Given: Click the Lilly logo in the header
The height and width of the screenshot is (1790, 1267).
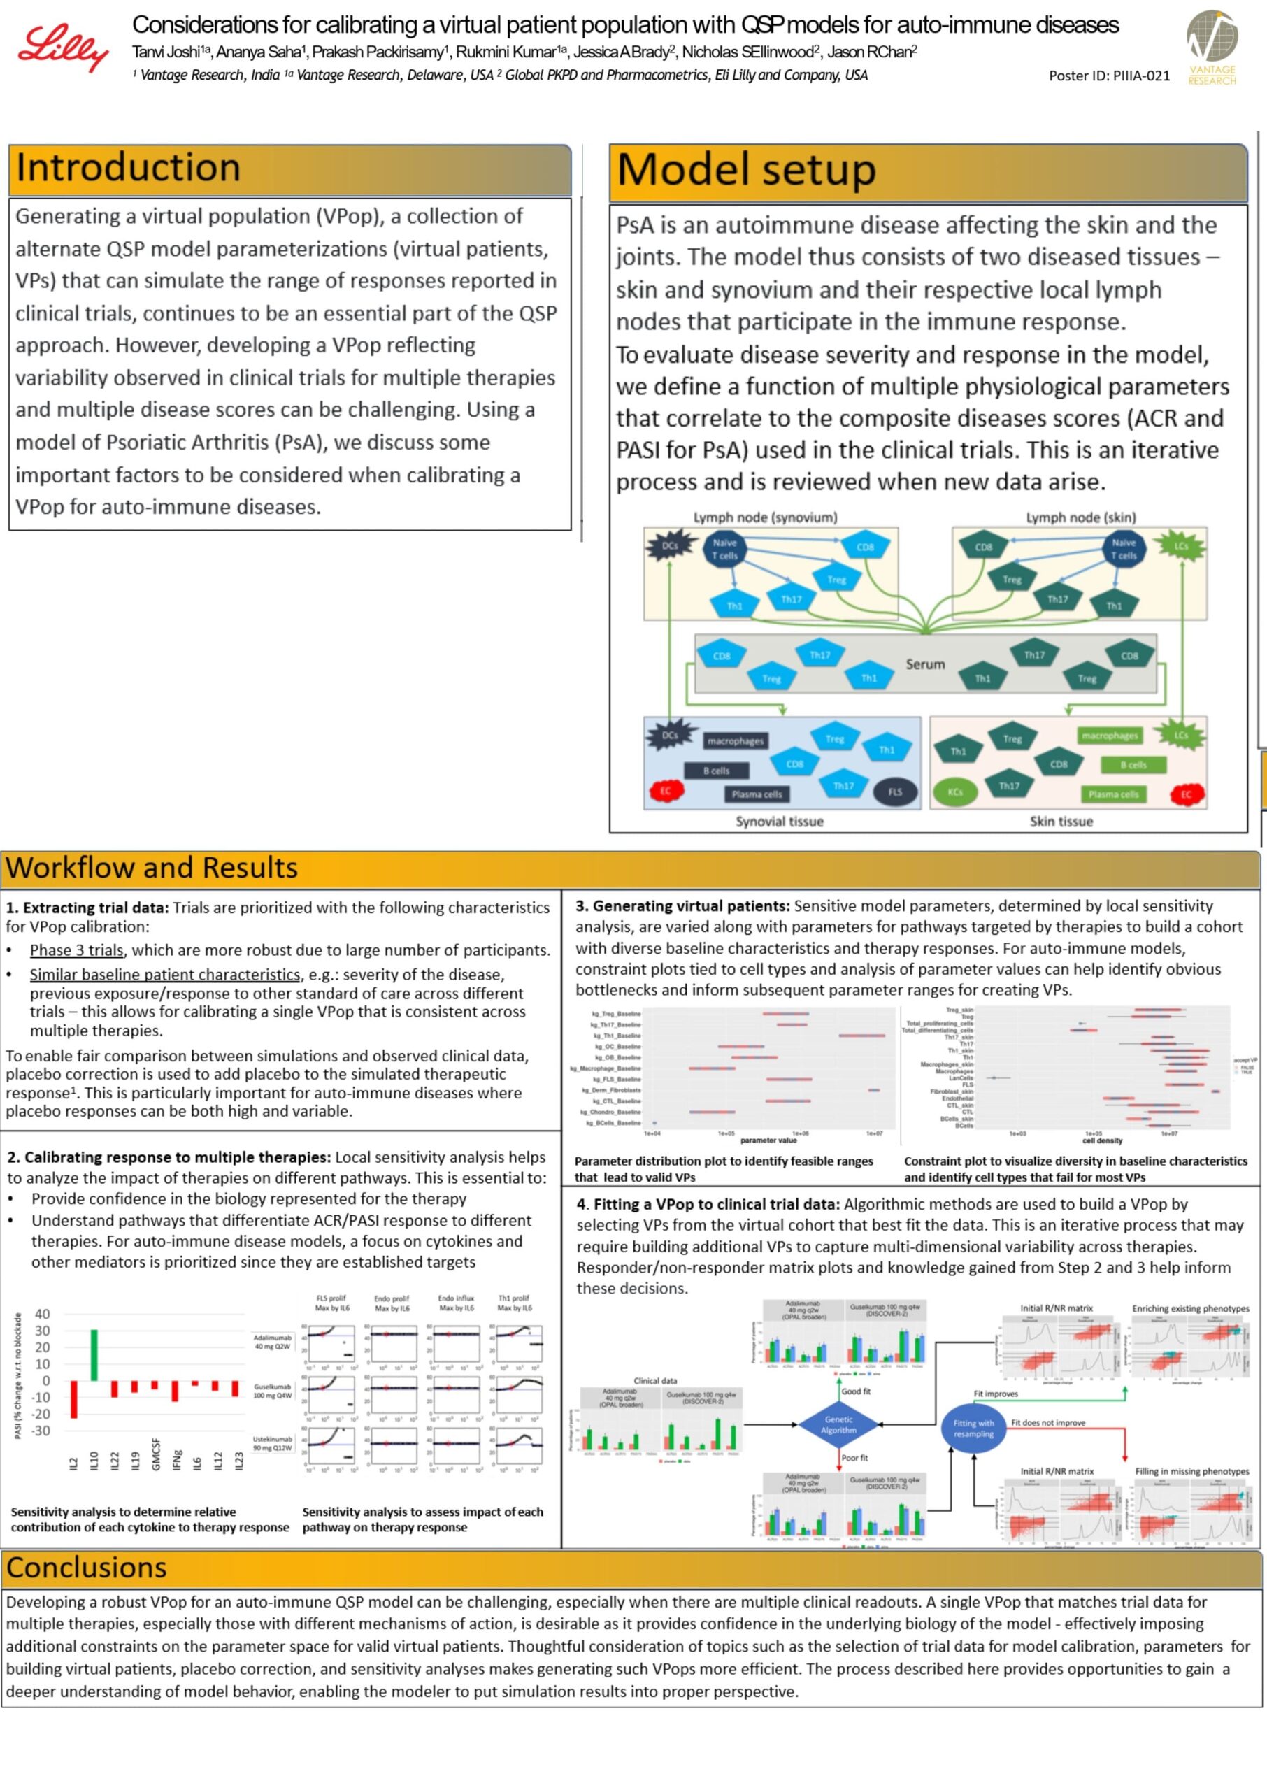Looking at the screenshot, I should pyautogui.click(x=62, y=48).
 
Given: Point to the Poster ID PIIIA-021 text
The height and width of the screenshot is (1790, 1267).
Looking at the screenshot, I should pyautogui.click(x=1109, y=76).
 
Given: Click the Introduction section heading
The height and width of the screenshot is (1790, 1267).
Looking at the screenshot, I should pyautogui.click(x=129, y=169).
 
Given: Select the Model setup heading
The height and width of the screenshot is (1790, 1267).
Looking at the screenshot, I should pyautogui.click(x=746, y=171).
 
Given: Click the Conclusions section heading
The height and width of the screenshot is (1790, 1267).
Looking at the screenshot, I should pyautogui.click(x=87, y=1567).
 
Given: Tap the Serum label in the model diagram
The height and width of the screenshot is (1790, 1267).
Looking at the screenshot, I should pyautogui.click(x=924, y=664).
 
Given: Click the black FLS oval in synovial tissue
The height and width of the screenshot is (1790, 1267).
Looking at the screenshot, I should pyautogui.click(x=894, y=792).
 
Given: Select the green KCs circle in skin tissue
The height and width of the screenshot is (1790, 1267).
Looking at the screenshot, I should pyautogui.click(x=955, y=792).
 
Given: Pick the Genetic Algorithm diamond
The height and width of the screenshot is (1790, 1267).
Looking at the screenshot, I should pyautogui.click(x=838, y=1424).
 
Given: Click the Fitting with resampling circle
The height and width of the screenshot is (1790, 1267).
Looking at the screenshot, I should pyautogui.click(x=973, y=1428).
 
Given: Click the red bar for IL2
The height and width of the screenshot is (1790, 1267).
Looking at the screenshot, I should pyautogui.click(x=74, y=1399).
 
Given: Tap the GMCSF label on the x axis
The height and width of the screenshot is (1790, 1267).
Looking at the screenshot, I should pyautogui.click(x=156, y=1454).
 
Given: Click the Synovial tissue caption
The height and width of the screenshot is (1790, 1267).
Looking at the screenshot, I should pyautogui.click(x=780, y=822).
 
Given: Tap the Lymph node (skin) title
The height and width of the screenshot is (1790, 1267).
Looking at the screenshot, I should pyautogui.click(x=1080, y=517).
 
